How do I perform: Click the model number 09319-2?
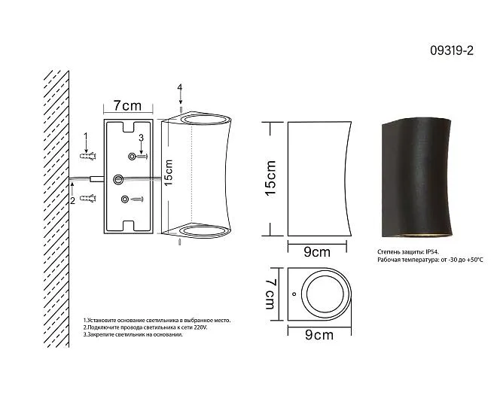click(452, 50)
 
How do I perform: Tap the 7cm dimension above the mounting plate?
click(127, 105)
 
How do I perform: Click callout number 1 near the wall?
click(85, 136)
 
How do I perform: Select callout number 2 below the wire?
click(72, 200)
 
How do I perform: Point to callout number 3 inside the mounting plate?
click(141, 138)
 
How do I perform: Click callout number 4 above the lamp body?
click(180, 87)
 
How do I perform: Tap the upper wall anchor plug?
click(88, 156)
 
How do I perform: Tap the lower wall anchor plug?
click(88, 199)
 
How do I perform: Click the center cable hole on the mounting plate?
click(118, 179)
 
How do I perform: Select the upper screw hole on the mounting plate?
click(132, 156)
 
